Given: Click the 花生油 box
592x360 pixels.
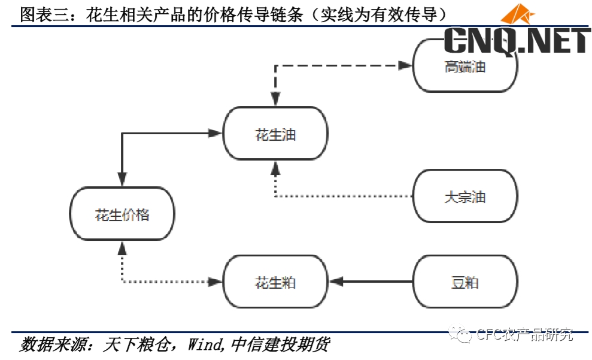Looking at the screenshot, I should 275,134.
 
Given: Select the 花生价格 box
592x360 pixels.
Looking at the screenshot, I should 122,214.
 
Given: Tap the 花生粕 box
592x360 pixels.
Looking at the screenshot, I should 275,282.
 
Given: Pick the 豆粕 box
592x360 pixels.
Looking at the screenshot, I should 465,282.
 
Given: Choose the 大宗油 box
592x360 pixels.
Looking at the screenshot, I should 465,196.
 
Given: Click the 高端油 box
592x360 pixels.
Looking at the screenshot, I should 465,66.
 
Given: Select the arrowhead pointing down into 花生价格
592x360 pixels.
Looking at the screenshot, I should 122,179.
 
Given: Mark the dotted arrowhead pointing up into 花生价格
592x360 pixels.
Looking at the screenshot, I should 122,247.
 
